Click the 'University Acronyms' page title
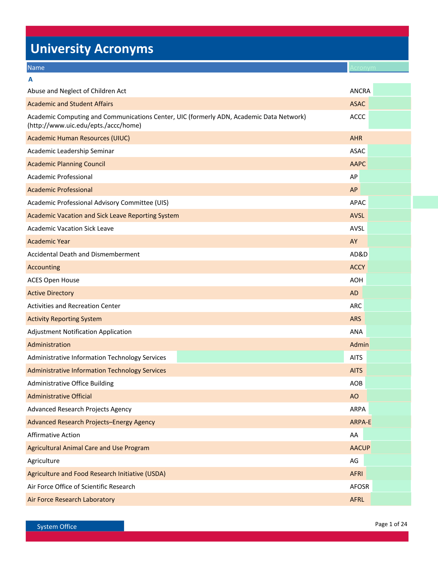92,49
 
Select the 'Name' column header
36,68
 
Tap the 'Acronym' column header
363,68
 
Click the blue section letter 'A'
31,79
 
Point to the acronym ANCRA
360,91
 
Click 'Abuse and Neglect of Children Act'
77,91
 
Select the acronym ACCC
357,116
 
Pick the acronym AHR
356,138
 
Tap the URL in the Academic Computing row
84,125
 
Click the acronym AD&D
359,254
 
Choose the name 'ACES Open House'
53,280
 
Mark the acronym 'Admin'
359,344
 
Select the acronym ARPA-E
360,422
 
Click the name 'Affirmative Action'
54,435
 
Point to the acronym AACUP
360,448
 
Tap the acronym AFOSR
359,487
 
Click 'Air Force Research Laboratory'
71,499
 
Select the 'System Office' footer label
57,526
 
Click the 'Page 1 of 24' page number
391,524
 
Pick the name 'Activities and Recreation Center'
74,306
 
